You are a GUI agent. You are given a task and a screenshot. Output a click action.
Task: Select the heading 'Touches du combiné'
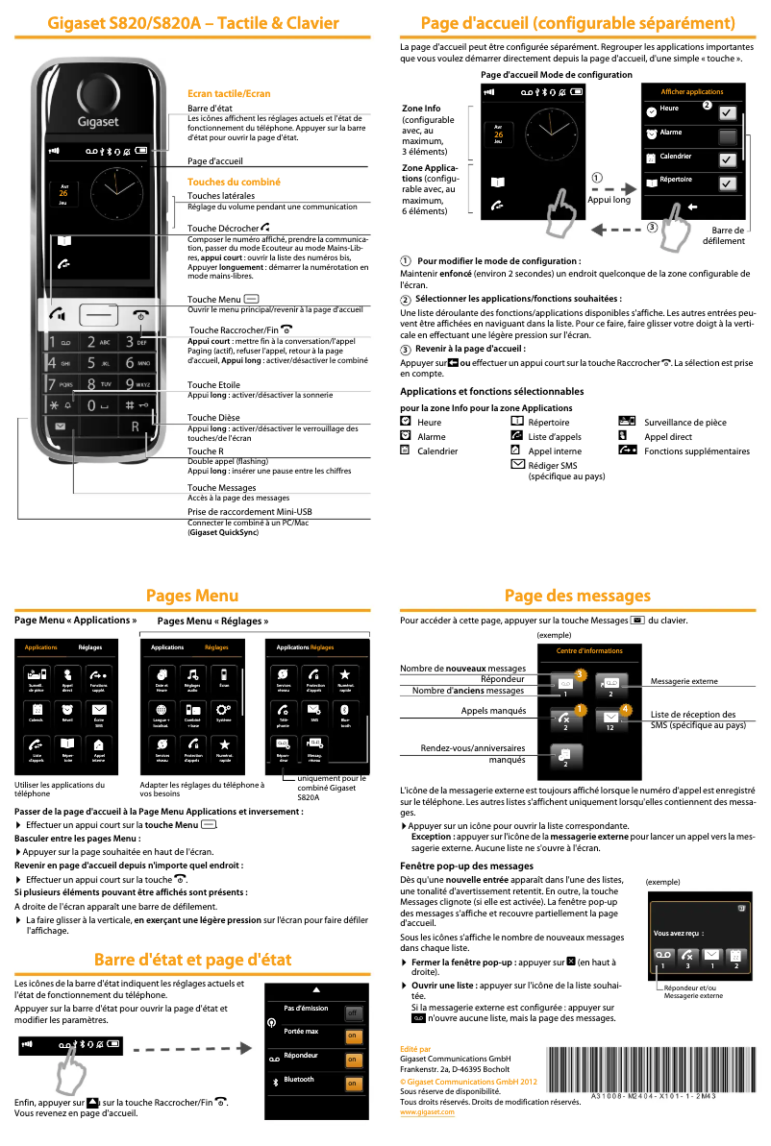click(234, 182)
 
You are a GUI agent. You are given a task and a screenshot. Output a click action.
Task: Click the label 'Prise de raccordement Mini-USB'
click(249, 512)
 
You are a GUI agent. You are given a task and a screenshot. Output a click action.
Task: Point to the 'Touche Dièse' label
click(213, 418)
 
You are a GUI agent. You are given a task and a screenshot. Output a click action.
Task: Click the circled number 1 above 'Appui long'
click(597, 178)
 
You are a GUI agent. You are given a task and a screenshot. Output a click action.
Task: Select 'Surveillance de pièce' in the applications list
click(684, 423)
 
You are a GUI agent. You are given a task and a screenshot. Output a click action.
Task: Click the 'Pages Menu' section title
click(192, 597)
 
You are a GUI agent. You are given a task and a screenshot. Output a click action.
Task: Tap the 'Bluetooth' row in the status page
click(316, 1081)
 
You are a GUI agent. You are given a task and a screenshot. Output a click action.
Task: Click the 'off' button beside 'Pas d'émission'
click(353, 1012)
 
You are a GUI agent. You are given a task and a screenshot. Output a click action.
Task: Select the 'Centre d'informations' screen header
click(589, 651)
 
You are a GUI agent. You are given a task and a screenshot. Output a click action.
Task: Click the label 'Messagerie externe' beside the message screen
click(684, 681)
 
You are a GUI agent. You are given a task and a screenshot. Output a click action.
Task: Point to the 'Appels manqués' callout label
click(493, 711)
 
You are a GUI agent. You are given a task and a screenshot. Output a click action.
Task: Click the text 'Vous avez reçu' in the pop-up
click(678, 933)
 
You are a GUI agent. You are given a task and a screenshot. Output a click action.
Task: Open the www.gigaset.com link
click(427, 1111)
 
